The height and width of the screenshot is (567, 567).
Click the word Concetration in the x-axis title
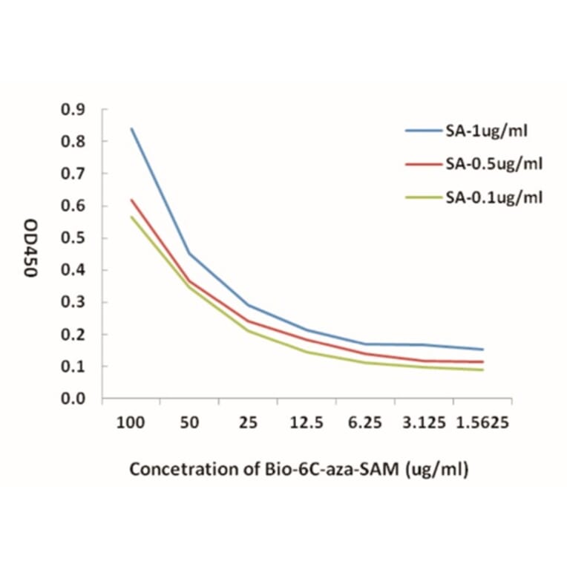click(174, 470)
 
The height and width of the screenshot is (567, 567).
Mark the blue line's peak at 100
click(131, 128)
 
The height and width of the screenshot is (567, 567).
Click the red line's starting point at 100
click(131, 199)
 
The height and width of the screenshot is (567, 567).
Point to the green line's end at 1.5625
click(483, 370)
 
